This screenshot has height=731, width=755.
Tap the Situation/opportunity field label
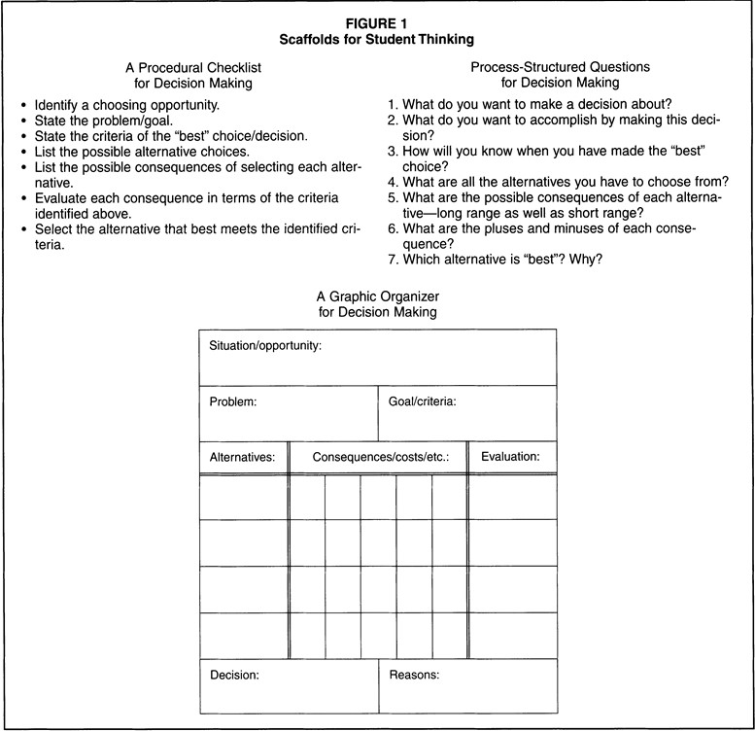[x=265, y=345]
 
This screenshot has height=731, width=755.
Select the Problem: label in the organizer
[x=233, y=400]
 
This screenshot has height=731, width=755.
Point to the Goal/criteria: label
[x=423, y=400]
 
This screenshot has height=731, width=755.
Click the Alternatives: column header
[x=243, y=456]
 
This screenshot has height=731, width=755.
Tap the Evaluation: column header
[x=511, y=456]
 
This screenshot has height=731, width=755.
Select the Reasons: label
[x=416, y=674]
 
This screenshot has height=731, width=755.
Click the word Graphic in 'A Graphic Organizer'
[x=358, y=296]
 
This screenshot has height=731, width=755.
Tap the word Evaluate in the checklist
[x=63, y=198]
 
